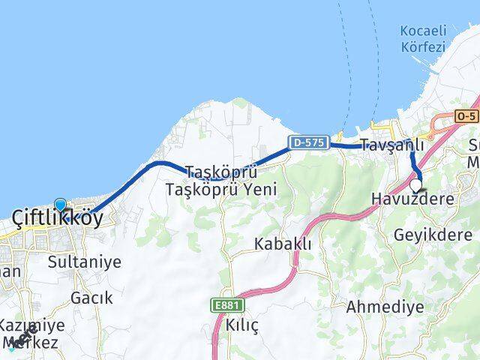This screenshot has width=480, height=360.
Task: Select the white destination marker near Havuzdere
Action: [416, 184]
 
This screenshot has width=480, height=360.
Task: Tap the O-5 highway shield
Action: [466, 116]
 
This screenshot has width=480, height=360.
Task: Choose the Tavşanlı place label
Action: [391, 145]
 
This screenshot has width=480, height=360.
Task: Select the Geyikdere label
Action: [433, 235]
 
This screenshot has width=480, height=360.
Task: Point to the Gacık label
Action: [91, 298]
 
